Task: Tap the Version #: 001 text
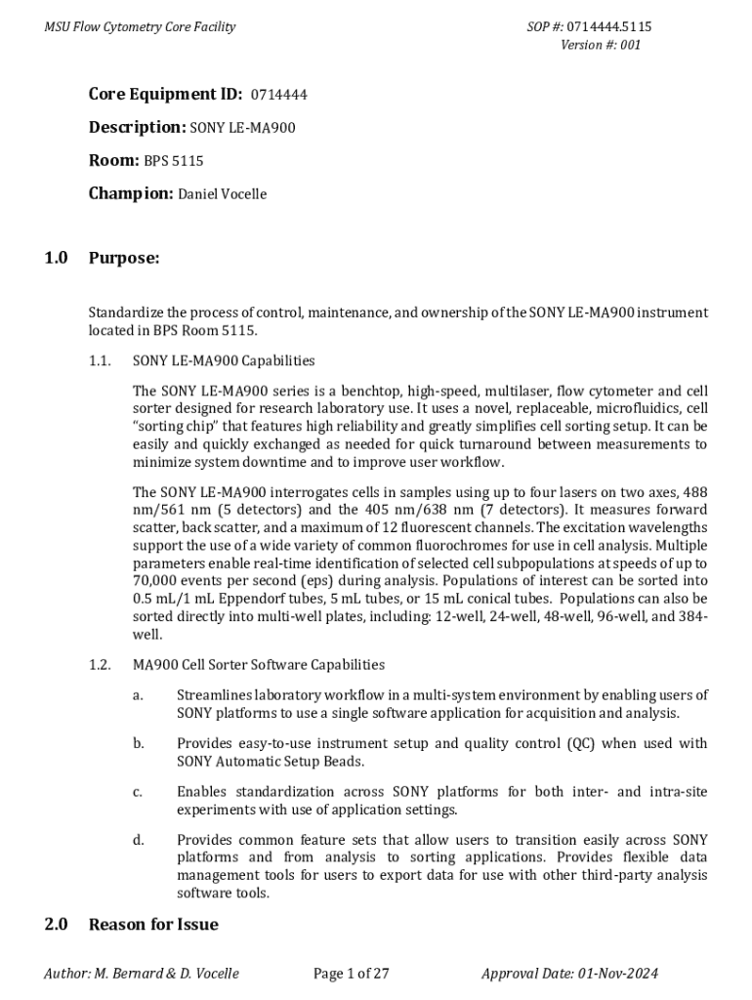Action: coord(601,45)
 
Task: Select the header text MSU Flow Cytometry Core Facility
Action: coord(140,27)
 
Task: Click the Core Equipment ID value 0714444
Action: coord(279,96)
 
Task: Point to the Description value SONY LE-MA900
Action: coord(242,128)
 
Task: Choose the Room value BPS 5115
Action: coord(174,161)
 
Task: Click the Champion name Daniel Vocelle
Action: coord(222,194)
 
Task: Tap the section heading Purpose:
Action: coord(123,258)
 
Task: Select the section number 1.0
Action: coord(56,258)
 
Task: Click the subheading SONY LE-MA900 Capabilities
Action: coord(224,361)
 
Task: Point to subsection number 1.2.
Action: coord(100,665)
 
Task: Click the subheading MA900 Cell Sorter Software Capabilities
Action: coord(259,665)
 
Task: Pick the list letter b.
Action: coord(138,744)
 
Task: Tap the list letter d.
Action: coord(138,840)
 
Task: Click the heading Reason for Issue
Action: coord(153,924)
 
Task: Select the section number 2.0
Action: coord(56,924)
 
